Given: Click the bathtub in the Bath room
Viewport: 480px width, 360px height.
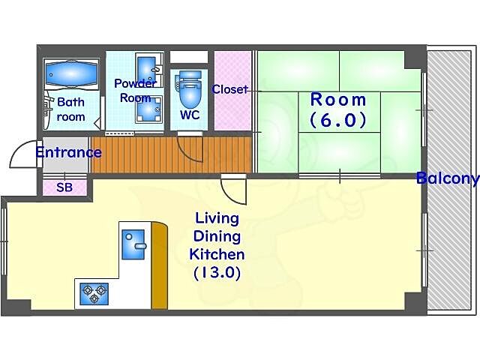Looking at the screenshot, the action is pos(72,73).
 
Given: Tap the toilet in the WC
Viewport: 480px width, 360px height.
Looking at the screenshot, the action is pos(190,88).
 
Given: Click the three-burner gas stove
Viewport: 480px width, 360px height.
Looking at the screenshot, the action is pos(94,294).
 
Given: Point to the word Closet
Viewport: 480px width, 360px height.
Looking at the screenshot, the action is pos(230,89).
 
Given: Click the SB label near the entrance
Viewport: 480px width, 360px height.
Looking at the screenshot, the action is pos(64,187).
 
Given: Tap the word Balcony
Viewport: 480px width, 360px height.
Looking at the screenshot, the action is pos(447,178).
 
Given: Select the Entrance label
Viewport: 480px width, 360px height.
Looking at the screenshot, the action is pos(68,152).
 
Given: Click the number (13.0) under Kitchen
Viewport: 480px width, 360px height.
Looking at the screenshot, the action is pos(217,272).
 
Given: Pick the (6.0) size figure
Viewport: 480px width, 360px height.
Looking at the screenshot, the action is pos(338,120).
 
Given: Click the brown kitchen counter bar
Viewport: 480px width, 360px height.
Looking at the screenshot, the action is pos(160,265).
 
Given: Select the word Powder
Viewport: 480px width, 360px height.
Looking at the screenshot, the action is pos(135,83).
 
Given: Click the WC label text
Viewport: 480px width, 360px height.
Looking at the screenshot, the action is pos(190,115).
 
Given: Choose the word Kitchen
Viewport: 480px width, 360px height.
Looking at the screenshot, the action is pos(217,254).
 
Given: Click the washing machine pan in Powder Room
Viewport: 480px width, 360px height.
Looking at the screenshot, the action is pos(148,109).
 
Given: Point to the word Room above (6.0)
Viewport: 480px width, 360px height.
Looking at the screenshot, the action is pos(338,100).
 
